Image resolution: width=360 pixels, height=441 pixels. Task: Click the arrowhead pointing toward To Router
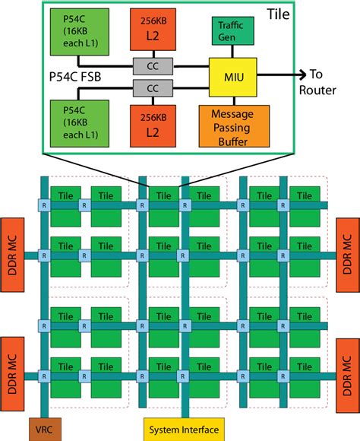coord(298,75)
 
